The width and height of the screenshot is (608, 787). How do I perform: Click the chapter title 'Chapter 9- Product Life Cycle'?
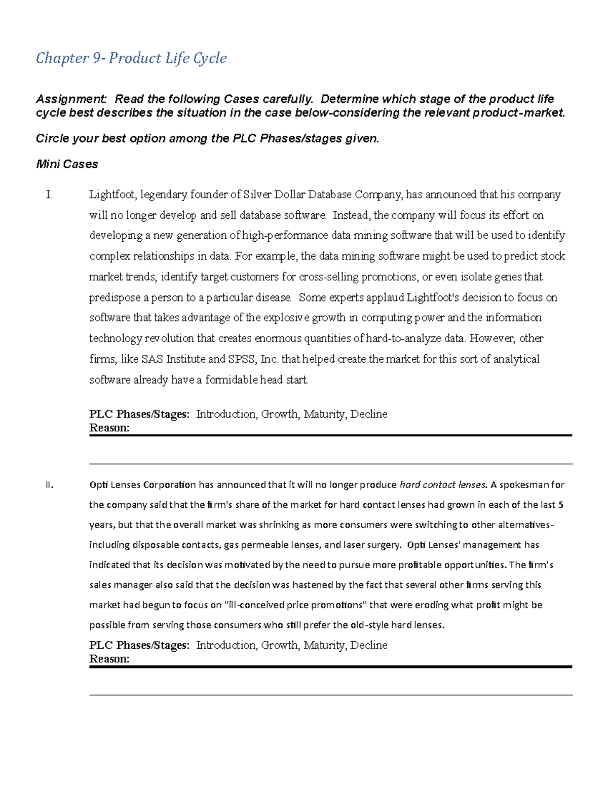pos(131,58)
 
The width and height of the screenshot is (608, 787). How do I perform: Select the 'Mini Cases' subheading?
pos(67,164)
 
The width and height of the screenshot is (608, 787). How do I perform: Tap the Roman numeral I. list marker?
pos(49,195)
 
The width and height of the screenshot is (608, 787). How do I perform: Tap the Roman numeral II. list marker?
pos(49,485)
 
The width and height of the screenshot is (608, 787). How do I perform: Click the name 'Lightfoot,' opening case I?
pos(112,195)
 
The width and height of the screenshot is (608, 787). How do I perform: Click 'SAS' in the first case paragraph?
pos(152,359)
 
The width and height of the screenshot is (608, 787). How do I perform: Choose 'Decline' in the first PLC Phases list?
pos(369,414)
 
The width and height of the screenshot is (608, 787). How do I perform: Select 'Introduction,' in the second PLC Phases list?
pos(227,645)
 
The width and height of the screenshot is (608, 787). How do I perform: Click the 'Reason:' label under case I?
pos(109,428)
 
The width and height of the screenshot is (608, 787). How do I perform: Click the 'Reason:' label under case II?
pos(109,659)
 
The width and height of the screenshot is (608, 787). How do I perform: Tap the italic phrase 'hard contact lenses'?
pos(443,485)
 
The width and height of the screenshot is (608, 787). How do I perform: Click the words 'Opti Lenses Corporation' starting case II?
pos(142,485)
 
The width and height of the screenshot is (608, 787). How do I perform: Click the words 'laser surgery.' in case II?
pos(372,545)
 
